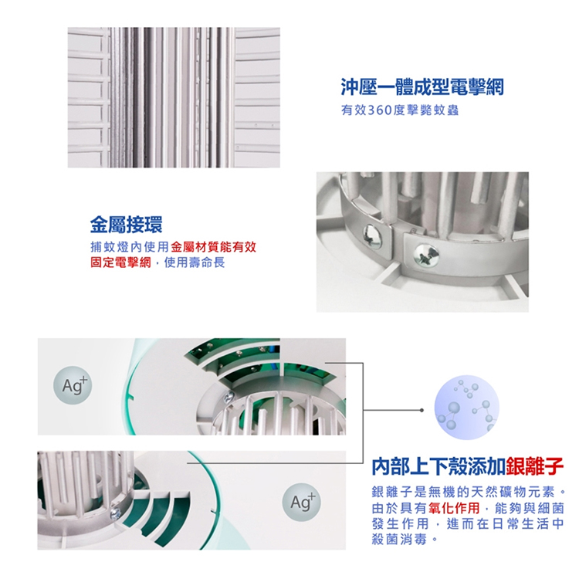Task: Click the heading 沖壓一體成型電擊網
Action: [x=422, y=86]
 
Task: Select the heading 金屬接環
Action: [x=127, y=224]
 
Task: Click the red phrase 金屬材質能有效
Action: [x=213, y=247]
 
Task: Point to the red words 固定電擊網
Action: [x=120, y=262]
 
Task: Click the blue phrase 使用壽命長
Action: [x=195, y=262]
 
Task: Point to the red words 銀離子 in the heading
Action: [x=535, y=466]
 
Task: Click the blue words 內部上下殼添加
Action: [x=438, y=466]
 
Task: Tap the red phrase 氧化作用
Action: [x=454, y=509]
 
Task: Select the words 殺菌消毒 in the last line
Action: [x=400, y=540]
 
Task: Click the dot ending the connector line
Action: [x=422, y=410]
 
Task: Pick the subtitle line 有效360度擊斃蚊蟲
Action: [x=400, y=110]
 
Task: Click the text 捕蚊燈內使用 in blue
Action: [x=130, y=247]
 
